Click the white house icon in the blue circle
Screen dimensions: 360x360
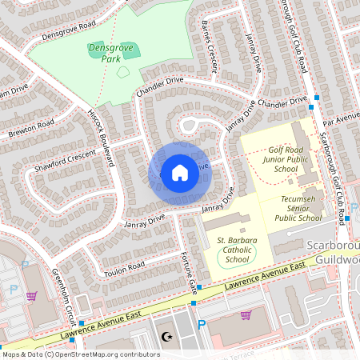180,173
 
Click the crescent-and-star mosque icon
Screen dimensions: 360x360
167,338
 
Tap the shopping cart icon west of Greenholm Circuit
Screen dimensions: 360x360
31,296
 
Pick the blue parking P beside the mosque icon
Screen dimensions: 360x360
201,325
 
